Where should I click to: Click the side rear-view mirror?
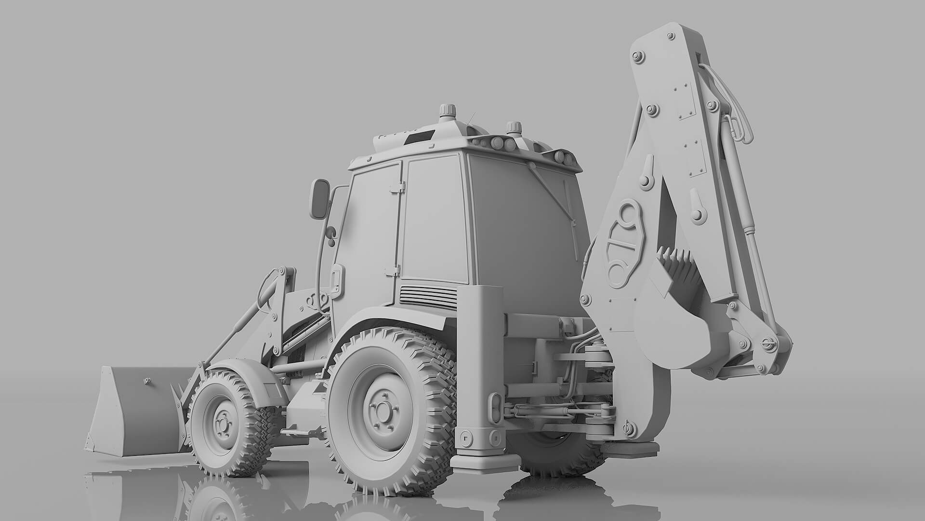pos(318,199)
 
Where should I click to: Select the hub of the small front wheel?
pos(222,423)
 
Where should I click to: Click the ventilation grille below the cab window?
pos(428,295)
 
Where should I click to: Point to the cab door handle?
pos(336,280)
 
